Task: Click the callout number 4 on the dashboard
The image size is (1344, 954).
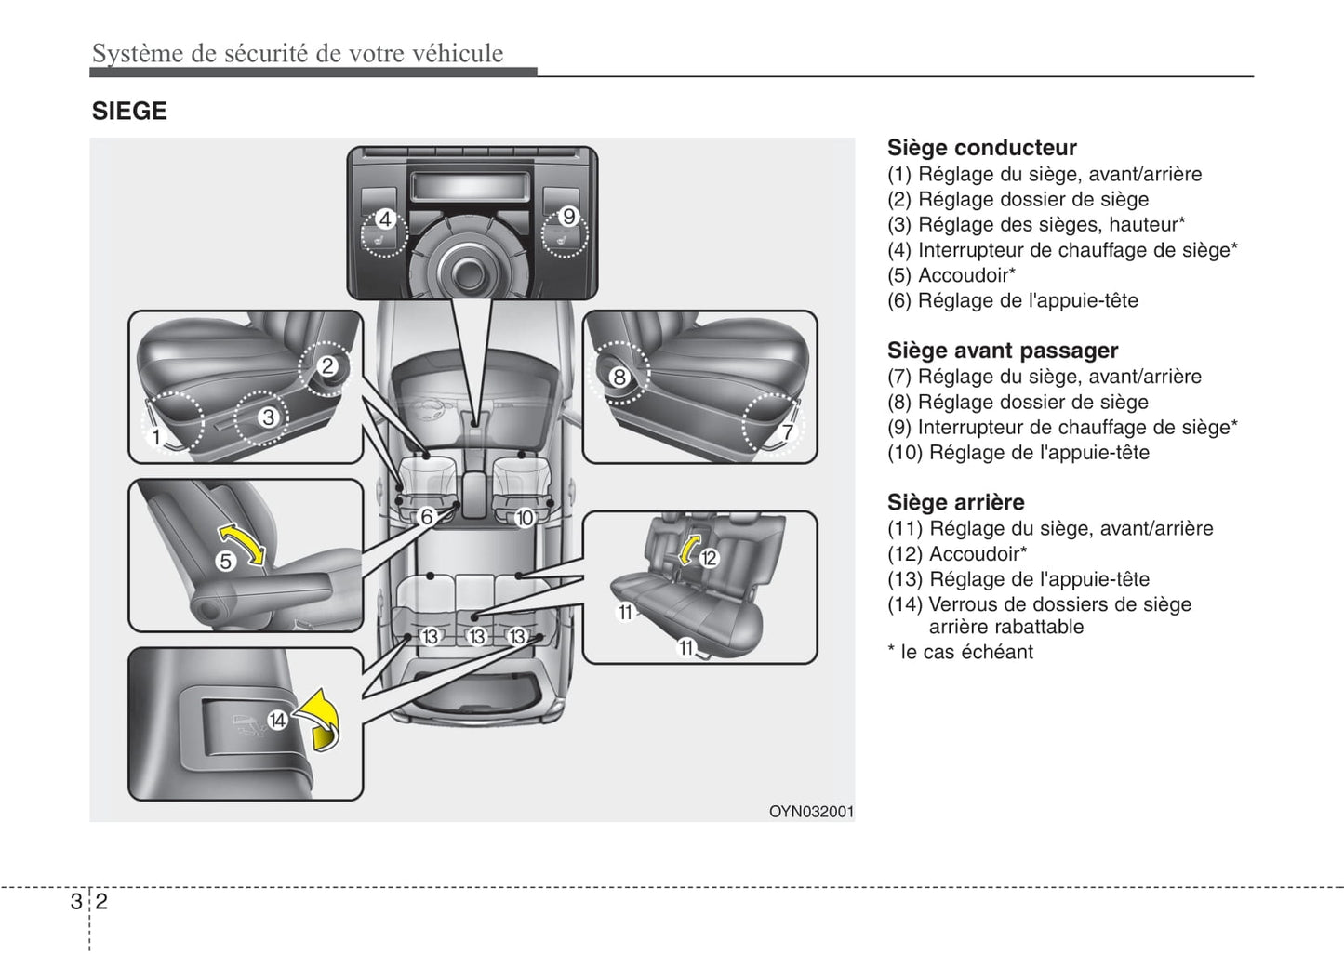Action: tap(385, 220)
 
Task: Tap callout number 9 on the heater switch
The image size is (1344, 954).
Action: tap(568, 217)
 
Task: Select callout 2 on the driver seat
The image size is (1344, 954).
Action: tap(327, 366)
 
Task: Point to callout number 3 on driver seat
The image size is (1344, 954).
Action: tap(268, 417)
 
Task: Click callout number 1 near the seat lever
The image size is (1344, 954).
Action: tap(156, 437)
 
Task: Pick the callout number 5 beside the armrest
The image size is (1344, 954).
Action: tap(225, 562)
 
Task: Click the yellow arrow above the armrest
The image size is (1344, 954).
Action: tap(242, 542)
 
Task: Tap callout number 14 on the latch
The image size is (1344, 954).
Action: tap(277, 721)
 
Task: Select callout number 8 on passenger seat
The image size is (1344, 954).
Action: tap(619, 378)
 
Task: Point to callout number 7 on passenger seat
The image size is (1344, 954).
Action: tap(787, 432)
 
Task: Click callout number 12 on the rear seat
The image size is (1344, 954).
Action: tap(709, 558)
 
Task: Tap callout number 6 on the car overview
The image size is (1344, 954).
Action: tap(427, 517)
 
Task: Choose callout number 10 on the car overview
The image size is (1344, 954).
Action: tap(525, 518)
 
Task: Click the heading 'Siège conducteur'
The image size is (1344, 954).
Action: tap(981, 148)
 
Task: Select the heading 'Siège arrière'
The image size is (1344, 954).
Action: tap(955, 502)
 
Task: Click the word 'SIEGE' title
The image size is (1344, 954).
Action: tap(129, 112)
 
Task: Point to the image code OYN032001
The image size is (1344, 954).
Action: tap(810, 812)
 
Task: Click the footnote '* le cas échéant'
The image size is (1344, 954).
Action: tap(960, 653)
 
